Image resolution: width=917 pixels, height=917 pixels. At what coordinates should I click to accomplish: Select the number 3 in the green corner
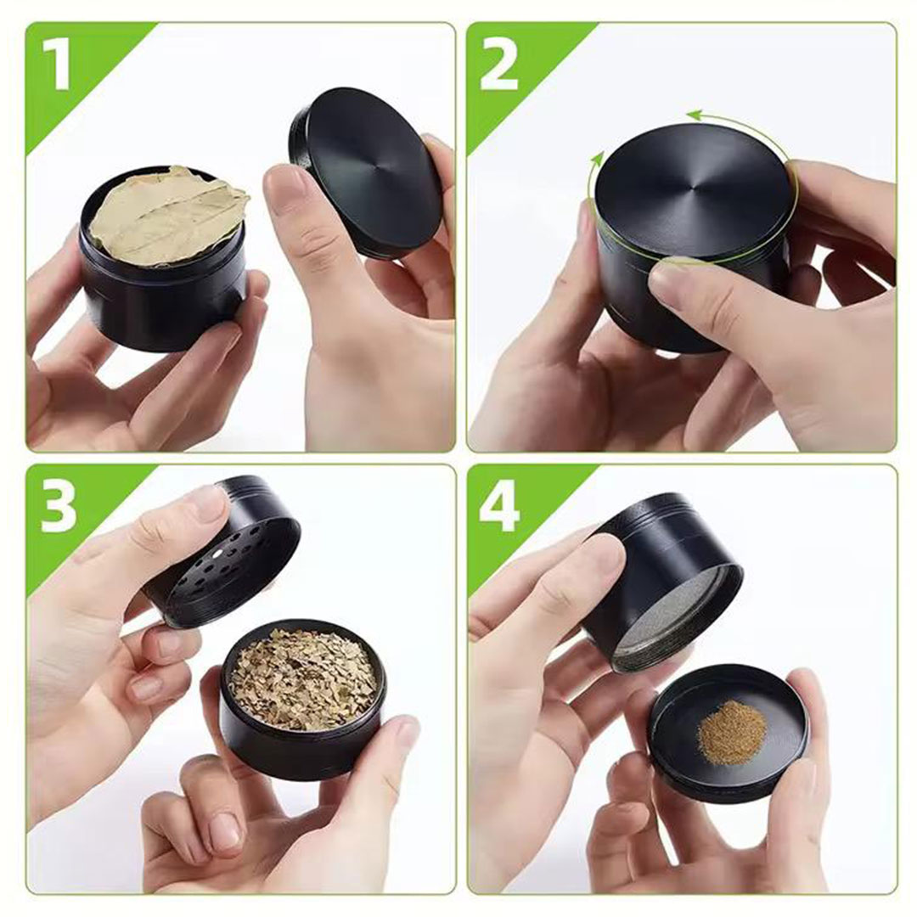[59, 509]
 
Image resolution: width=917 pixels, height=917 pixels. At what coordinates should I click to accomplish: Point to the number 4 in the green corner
[498, 509]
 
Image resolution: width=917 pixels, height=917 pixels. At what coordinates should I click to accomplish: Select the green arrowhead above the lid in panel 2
[695, 115]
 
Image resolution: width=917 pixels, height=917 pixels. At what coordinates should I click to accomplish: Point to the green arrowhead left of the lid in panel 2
[596, 159]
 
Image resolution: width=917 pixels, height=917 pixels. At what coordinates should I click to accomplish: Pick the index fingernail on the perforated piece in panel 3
[208, 503]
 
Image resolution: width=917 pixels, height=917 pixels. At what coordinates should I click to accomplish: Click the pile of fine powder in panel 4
[731, 732]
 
